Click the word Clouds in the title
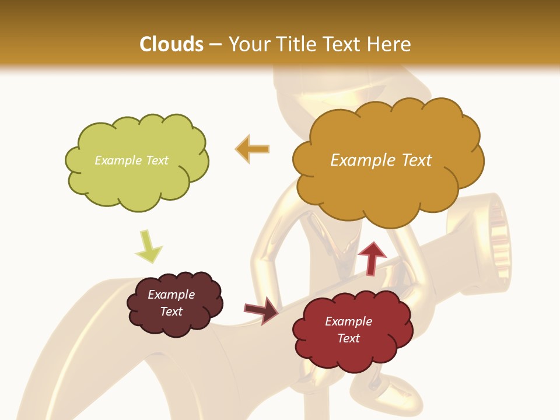pos(171,44)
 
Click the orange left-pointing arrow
pos(252,149)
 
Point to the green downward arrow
pos(148,246)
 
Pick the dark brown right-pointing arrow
pos(261,310)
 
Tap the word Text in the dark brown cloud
pos(171,311)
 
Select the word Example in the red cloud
pos(348,321)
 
